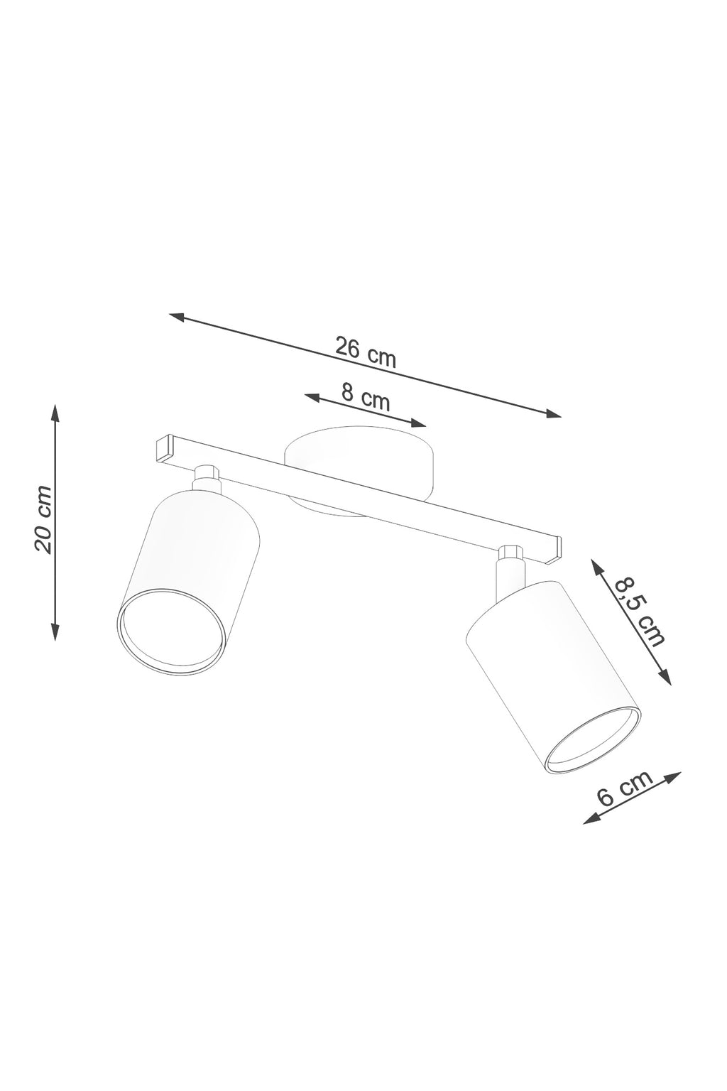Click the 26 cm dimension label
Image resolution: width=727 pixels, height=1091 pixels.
click(x=366, y=352)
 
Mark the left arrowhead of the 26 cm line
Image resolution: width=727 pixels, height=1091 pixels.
click(x=179, y=317)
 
